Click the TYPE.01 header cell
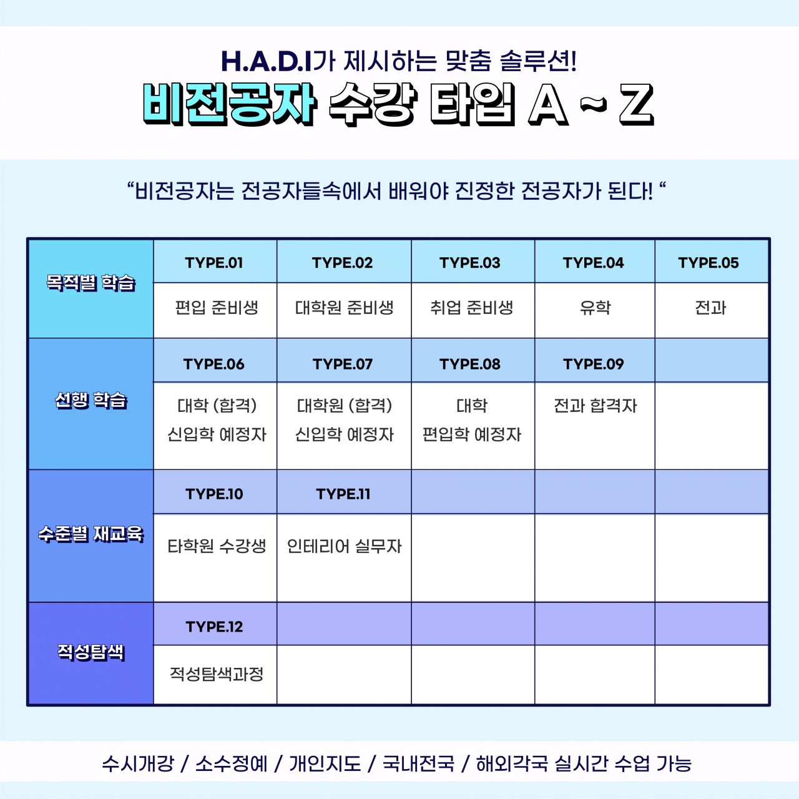point(215,262)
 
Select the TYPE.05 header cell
point(711,262)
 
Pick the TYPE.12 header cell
point(215,625)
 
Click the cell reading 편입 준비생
point(215,310)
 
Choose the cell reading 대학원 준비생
point(344,310)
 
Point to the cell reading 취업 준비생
point(473,310)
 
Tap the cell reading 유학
point(595,310)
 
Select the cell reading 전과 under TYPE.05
point(711,310)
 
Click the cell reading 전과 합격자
point(595,426)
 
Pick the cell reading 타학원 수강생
point(215,557)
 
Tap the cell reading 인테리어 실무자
point(344,557)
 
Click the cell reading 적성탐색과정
point(215,675)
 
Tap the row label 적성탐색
point(91,652)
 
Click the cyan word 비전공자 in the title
point(229,104)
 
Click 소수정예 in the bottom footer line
point(232,764)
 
